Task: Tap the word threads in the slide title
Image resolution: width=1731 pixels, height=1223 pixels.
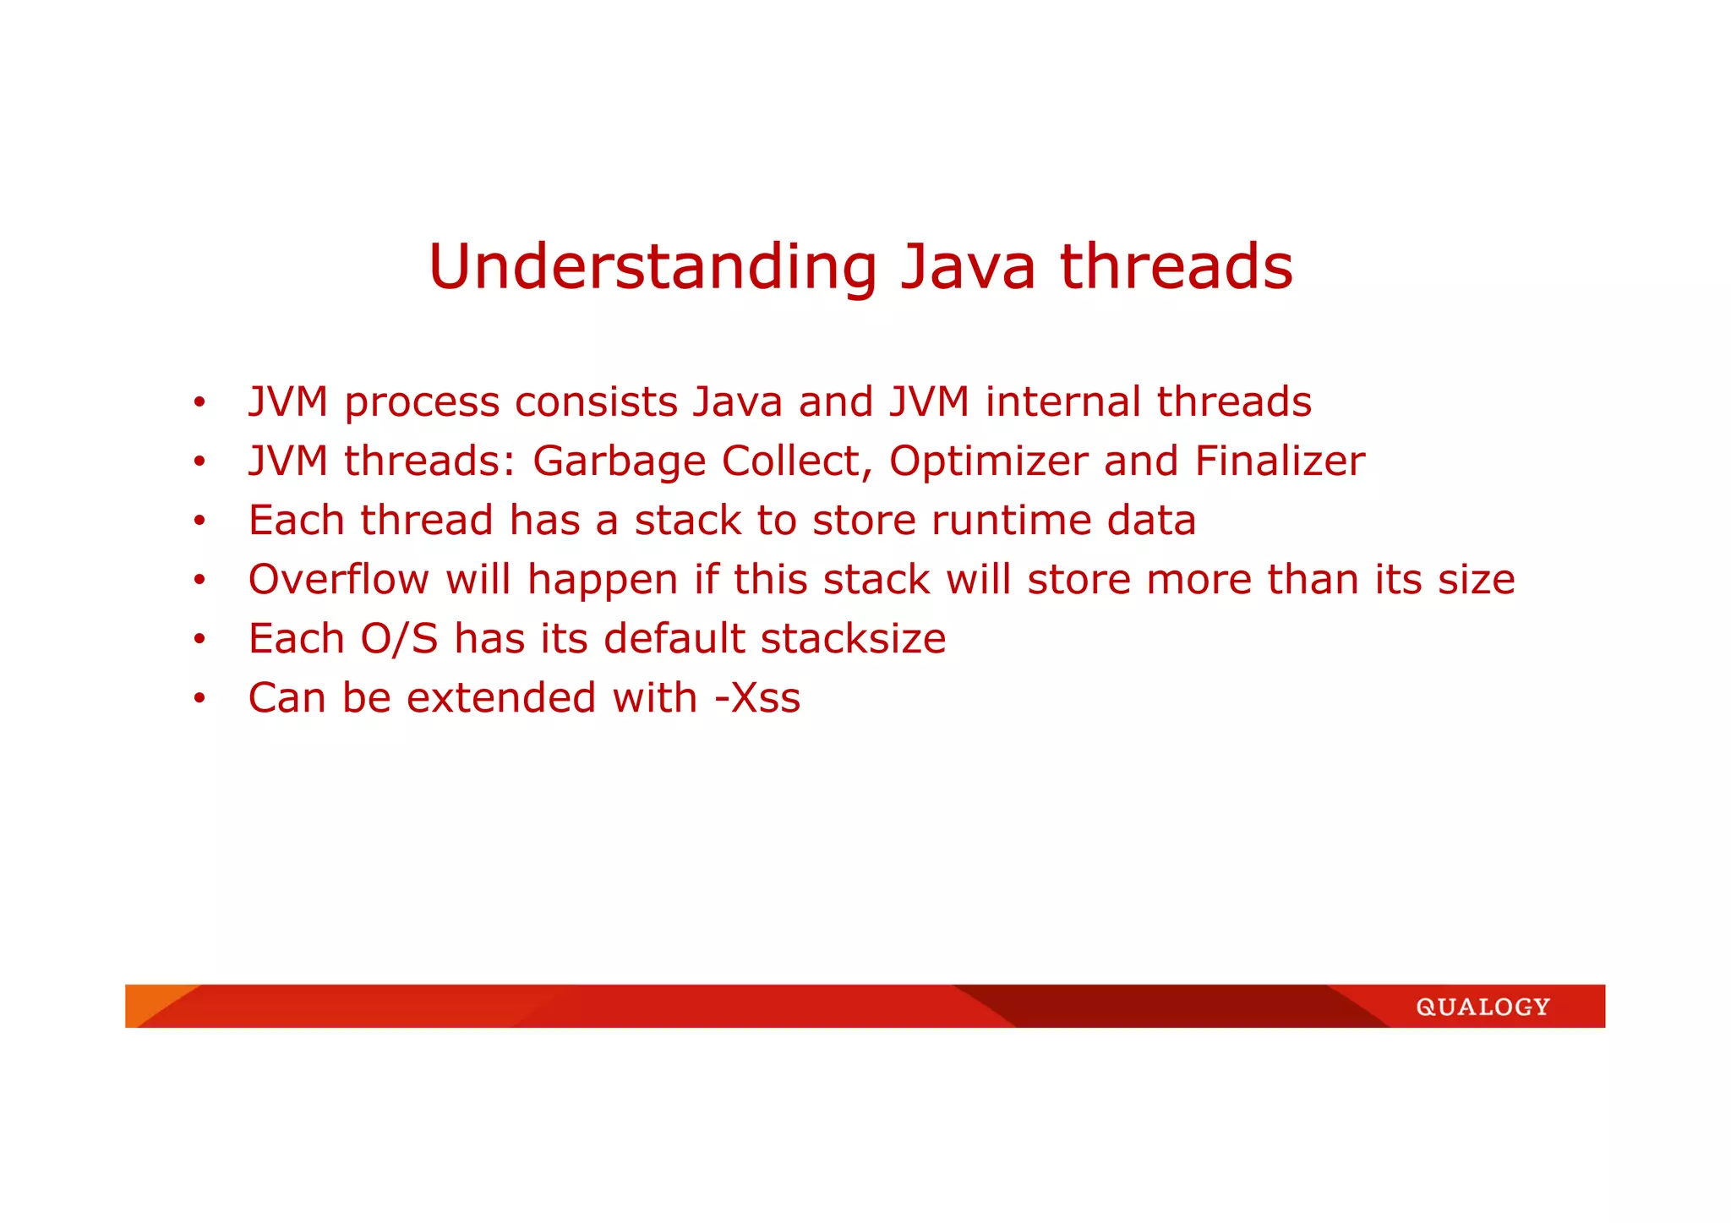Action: [x=1176, y=266]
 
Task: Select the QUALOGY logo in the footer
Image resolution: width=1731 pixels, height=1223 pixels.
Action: [x=1483, y=1007]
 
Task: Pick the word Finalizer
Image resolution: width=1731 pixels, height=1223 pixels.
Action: [x=1280, y=461]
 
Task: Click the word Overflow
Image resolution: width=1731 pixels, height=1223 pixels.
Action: [x=338, y=579]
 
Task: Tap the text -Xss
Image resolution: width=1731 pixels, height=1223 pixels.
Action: [x=757, y=698]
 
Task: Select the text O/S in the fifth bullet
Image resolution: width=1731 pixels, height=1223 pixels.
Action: [x=399, y=639]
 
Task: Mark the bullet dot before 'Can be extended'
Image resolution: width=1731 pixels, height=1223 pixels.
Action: [x=199, y=699]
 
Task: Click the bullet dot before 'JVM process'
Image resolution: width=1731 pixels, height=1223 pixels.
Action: [x=199, y=402]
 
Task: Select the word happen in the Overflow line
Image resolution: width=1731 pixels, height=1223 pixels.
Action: [x=603, y=581]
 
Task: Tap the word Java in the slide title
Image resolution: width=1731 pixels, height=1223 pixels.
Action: [x=968, y=268]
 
